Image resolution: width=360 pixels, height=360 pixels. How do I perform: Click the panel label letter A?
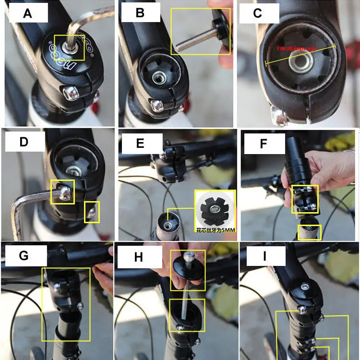(27, 13)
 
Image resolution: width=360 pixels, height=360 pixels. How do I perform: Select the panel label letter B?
(140, 13)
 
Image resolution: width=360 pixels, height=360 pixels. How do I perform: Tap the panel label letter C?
(258, 13)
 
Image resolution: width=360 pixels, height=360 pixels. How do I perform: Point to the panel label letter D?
(24, 142)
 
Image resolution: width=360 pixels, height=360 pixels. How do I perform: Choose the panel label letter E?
(140, 143)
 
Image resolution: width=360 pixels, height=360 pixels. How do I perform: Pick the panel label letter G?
(24, 255)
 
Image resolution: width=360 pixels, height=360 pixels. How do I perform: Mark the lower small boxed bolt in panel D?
(92, 211)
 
